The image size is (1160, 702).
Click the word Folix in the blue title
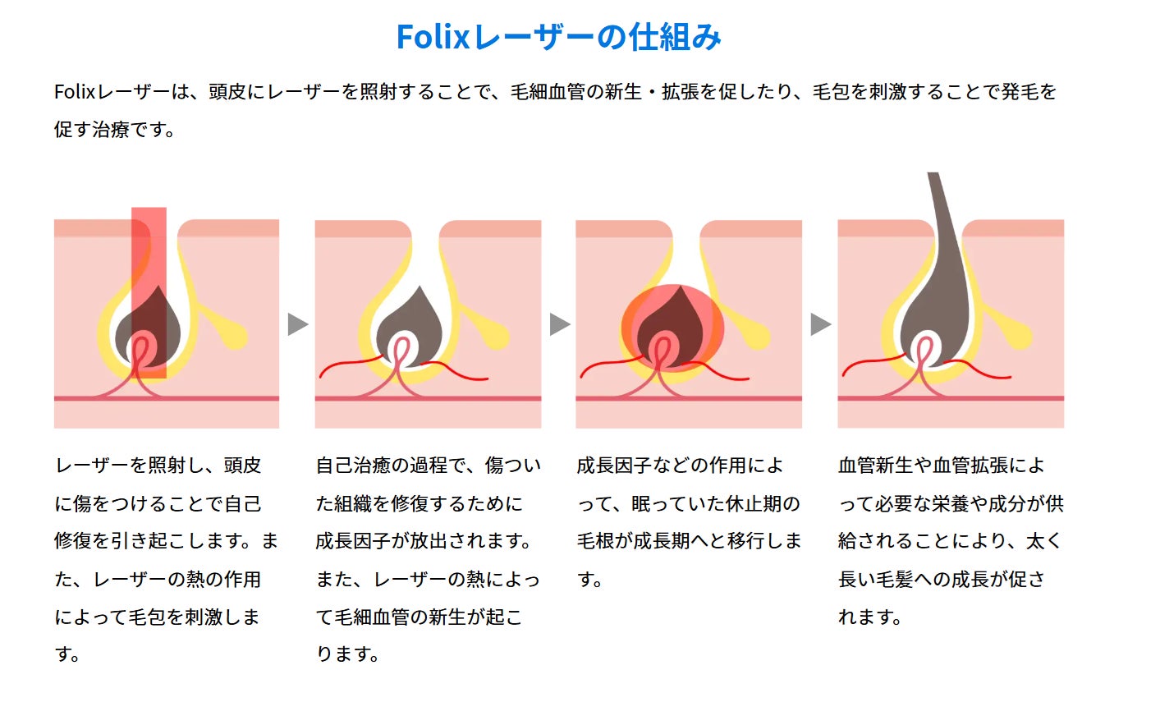[x=432, y=38]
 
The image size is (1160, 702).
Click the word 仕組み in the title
[x=675, y=38]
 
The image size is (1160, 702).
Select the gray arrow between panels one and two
[x=298, y=324]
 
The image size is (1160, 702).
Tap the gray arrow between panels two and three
[x=559, y=324]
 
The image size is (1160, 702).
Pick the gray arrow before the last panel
[x=820, y=324]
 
